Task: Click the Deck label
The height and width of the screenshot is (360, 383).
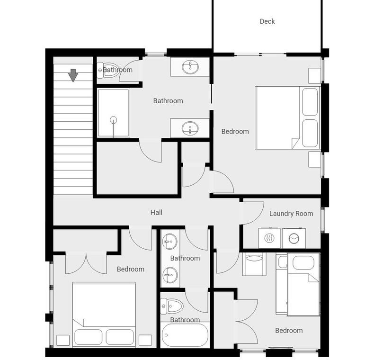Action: (x=267, y=21)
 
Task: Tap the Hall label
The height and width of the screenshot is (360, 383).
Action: (x=156, y=212)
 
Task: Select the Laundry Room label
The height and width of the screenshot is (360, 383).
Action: (x=291, y=214)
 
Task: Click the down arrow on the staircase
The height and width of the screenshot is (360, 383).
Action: (x=73, y=75)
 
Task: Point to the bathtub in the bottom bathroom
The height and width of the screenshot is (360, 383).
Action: (x=185, y=334)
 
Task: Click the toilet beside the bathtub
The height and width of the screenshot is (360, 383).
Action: (x=172, y=306)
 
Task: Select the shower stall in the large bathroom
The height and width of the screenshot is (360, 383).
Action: (x=113, y=113)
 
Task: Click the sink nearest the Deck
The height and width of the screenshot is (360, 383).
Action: (x=190, y=67)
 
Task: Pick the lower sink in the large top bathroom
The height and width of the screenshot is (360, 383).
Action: (x=190, y=128)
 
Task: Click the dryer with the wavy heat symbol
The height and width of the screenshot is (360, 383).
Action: (x=269, y=238)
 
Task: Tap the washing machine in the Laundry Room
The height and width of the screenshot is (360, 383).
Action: (x=294, y=238)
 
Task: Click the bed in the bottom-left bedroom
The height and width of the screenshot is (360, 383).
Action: (x=104, y=315)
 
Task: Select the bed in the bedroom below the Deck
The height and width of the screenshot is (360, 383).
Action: (x=287, y=117)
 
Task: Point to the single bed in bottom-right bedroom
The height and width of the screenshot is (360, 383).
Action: (x=303, y=285)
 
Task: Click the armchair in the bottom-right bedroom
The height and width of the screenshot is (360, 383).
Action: (x=254, y=264)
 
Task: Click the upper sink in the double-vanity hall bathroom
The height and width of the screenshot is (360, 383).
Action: (x=170, y=242)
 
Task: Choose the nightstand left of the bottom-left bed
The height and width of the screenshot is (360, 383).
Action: (x=63, y=340)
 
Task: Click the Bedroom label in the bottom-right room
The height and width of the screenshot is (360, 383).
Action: (x=289, y=331)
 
